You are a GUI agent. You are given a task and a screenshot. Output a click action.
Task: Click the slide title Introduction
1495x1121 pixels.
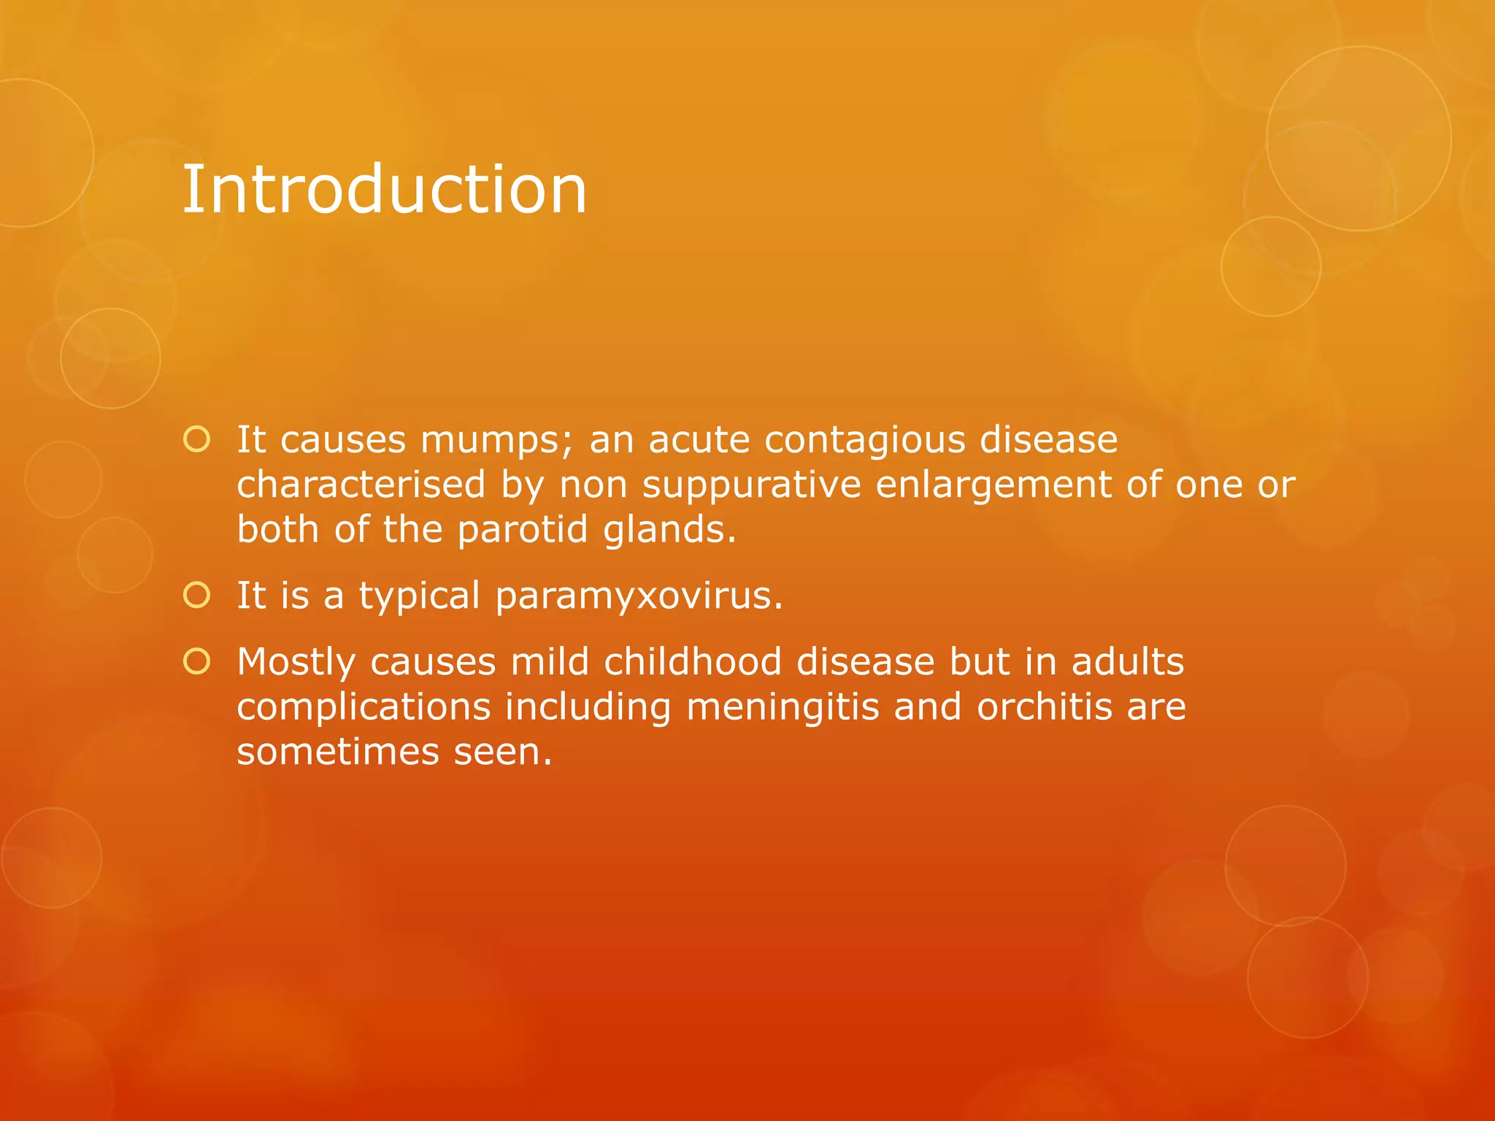pyautogui.click(x=384, y=190)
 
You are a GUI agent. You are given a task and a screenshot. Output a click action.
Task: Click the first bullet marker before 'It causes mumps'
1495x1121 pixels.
pyautogui.click(x=197, y=439)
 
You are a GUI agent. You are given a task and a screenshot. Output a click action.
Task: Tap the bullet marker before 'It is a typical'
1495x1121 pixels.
pyautogui.click(x=197, y=596)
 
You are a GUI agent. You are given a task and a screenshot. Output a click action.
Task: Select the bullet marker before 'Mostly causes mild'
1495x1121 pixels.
pyautogui.click(x=197, y=662)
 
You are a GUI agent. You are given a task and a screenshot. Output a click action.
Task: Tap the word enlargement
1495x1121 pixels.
pyautogui.click(x=993, y=485)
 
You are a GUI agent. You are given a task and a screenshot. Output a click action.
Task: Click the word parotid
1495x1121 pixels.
pyautogui.click(x=523, y=529)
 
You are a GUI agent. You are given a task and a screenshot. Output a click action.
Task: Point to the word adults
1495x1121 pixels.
pyautogui.click(x=1128, y=662)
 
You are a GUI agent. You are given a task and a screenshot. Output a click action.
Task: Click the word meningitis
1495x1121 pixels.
pyautogui.click(x=783, y=708)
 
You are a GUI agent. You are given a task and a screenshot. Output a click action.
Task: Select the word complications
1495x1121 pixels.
pyautogui.click(x=364, y=708)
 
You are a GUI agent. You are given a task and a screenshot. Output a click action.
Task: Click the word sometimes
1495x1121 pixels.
pyautogui.click(x=337, y=752)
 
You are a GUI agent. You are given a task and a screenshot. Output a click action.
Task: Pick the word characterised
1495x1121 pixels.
pyautogui.click(x=361, y=484)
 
